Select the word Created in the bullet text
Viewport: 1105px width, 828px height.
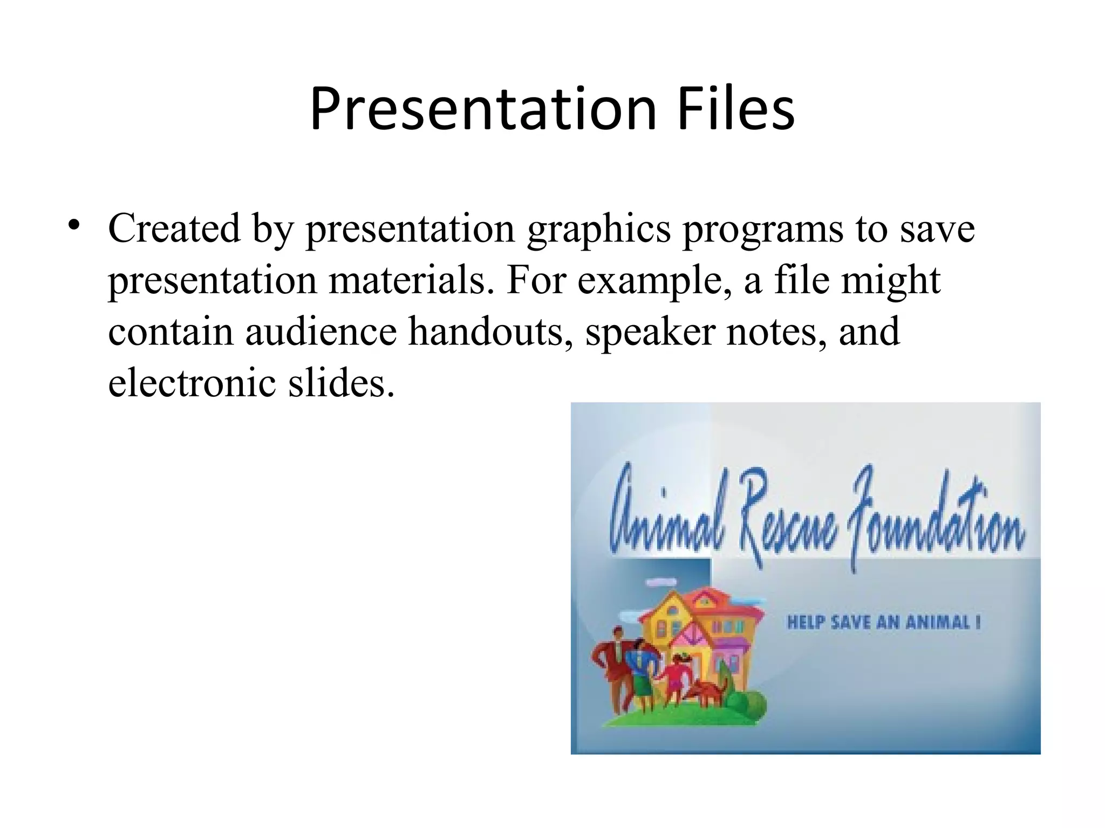[x=174, y=229]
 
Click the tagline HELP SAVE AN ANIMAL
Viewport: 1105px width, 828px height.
[x=883, y=623]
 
